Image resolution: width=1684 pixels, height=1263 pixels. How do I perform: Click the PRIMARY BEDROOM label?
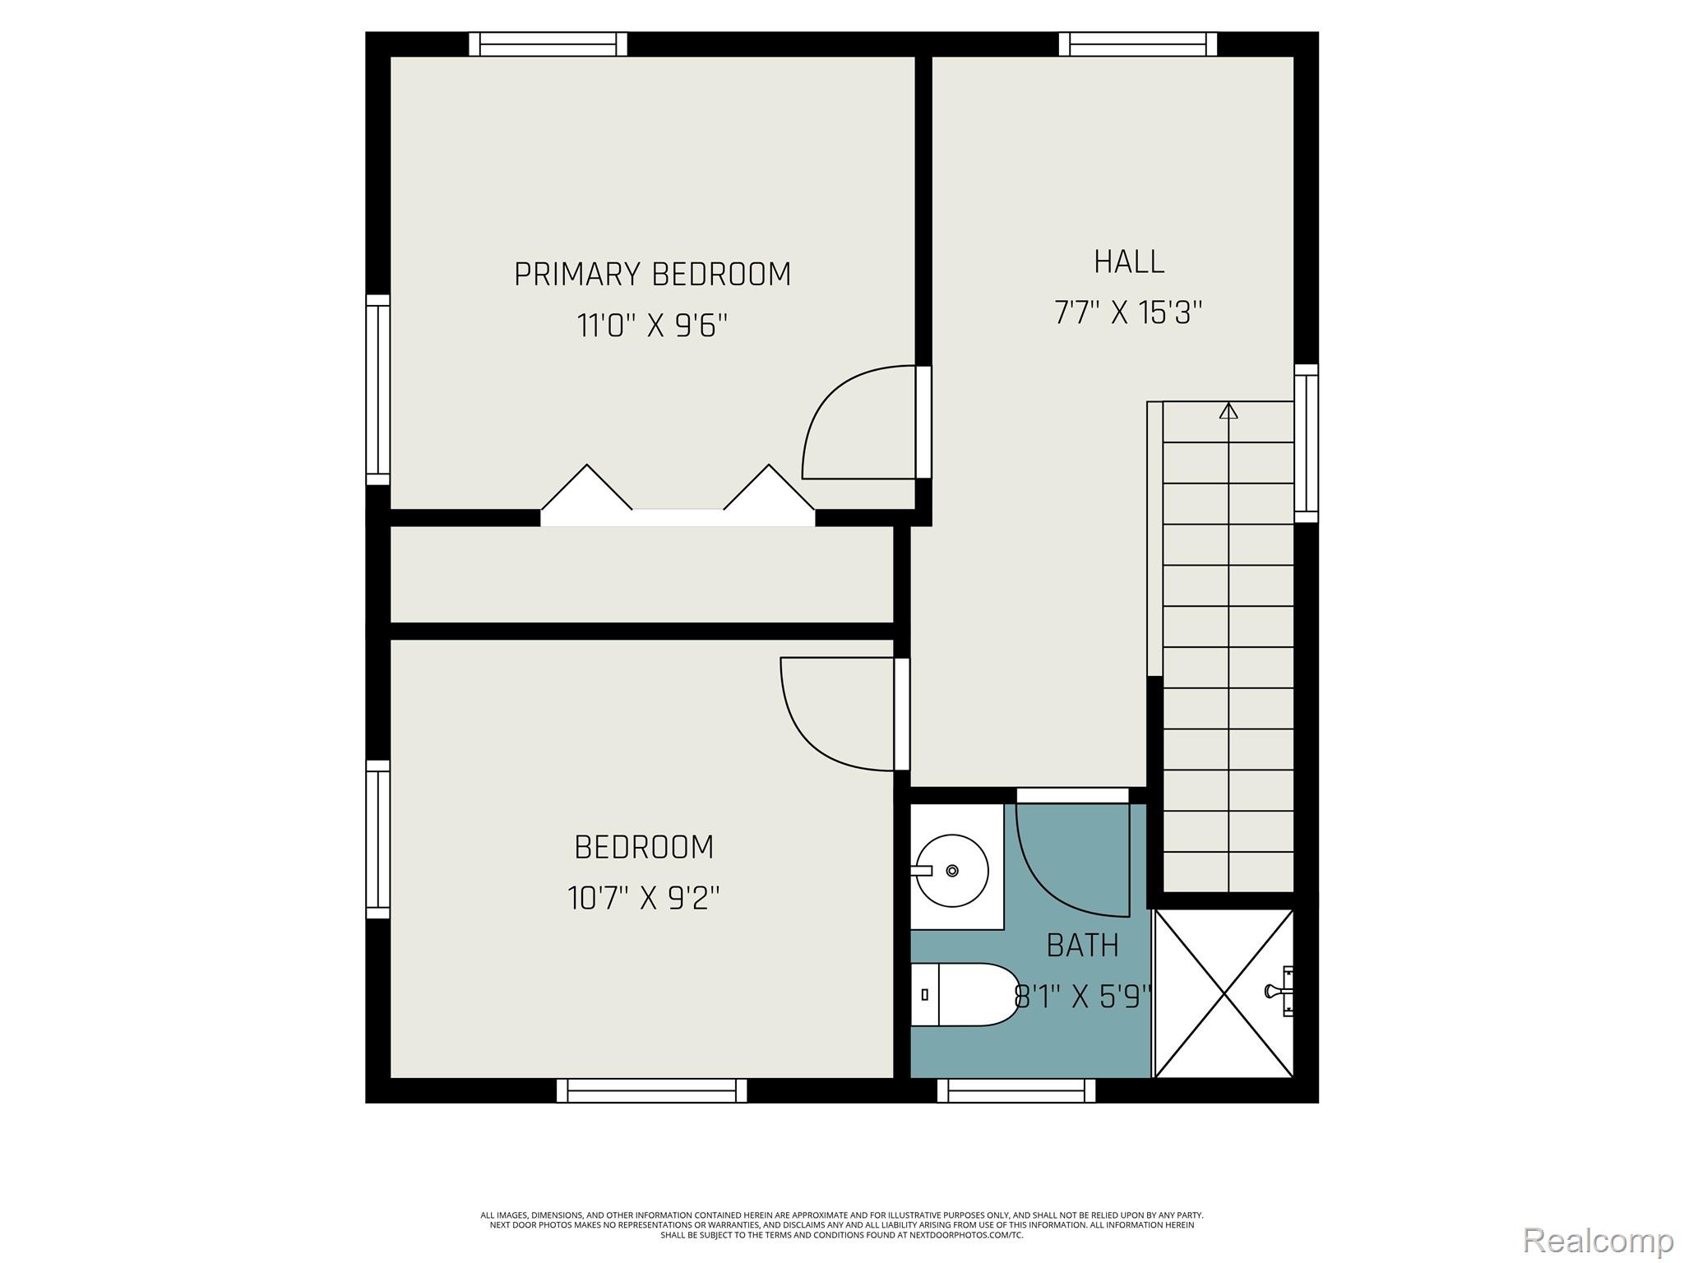[652, 275]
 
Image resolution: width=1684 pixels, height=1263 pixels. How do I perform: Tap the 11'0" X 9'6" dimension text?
[652, 326]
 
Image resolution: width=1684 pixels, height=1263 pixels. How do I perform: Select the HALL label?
[1128, 262]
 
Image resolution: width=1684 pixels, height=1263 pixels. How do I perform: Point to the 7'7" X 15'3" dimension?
[1128, 313]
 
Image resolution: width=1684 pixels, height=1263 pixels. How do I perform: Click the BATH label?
[1082, 946]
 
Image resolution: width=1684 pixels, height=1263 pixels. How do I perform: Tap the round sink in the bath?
[951, 870]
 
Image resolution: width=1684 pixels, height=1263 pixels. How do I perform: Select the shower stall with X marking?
[1224, 993]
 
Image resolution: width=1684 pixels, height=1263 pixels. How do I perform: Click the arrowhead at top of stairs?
[1228, 410]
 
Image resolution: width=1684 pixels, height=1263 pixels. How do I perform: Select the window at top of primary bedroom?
[548, 44]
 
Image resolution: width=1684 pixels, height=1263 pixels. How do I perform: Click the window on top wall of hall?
[1138, 44]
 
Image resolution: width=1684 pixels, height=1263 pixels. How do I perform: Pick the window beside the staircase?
[1306, 443]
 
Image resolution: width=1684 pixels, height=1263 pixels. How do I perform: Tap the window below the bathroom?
[1016, 1090]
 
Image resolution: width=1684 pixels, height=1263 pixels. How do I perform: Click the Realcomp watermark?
[1598, 1240]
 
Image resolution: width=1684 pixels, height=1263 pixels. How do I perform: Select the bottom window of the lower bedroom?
[651, 1090]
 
